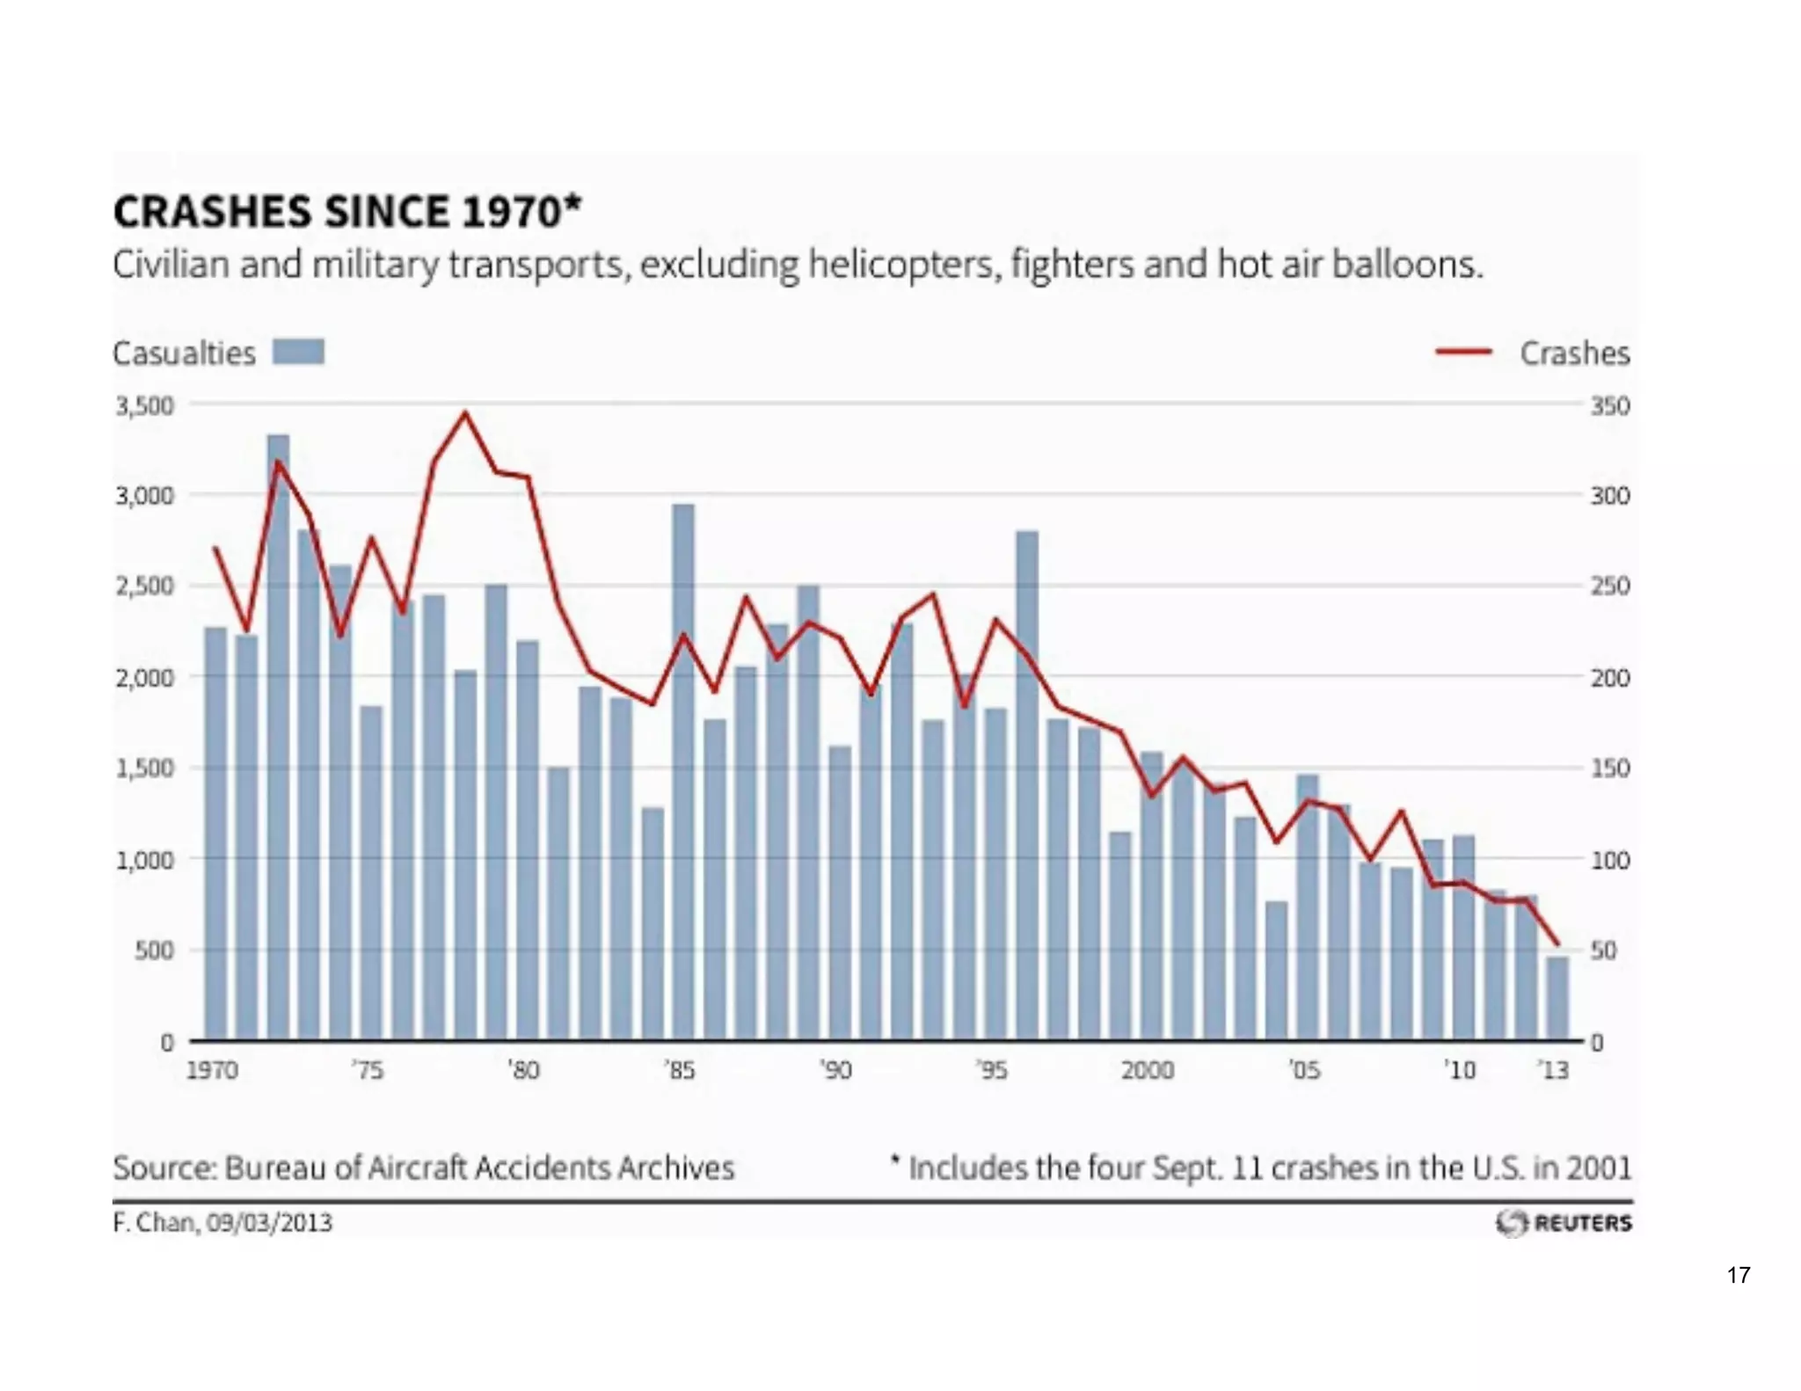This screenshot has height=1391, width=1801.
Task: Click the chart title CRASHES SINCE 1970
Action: [346, 212]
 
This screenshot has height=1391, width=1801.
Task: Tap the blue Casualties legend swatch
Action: [298, 352]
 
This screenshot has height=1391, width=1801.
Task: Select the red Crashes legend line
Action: [1463, 353]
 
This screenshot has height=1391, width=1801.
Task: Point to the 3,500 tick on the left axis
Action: [144, 405]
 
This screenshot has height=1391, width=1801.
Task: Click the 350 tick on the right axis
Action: [1609, 406]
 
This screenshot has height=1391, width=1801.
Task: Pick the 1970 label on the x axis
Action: [212, 1070]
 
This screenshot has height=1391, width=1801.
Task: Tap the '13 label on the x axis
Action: [1554, 1070]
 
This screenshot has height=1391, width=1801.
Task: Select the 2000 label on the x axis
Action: [1148, 1070]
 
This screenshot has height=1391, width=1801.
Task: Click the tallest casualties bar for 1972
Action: [278, 739]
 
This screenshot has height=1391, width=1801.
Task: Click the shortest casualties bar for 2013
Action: [1557, 999]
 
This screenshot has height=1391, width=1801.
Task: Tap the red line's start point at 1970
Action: [215, 548]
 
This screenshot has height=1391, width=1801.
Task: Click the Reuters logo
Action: [1564, 1222]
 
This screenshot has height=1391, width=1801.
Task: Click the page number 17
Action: [1738, 1275]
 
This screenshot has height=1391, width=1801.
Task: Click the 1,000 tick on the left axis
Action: [144, 859]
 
